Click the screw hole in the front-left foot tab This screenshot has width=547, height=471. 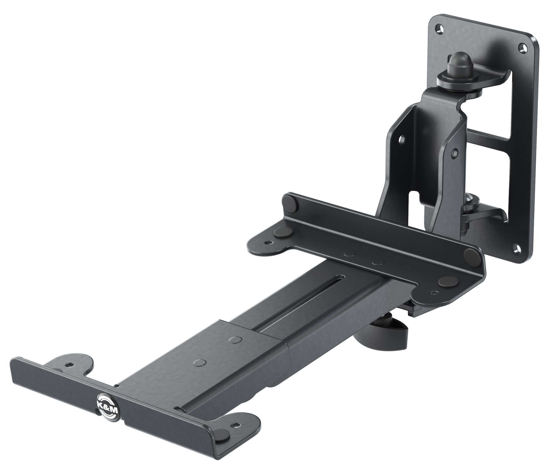[69, 365]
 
